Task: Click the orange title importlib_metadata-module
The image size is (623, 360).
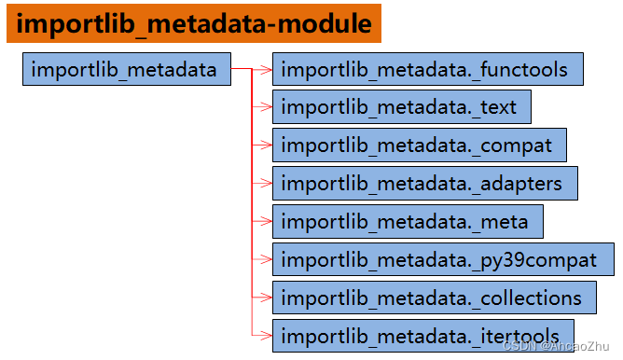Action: pyautogui.click(x=194, y=24)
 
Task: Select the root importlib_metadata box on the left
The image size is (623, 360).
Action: pyautogui.click(x=126, y=69)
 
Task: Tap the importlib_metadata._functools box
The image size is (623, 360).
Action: pyautogui.click(x=428, y=69)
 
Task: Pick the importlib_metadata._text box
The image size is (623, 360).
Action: pyautogui.click(x=402, y=107)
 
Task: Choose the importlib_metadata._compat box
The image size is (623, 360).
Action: pyautogui.click(x=420, y=145)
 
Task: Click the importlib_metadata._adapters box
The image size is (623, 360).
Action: pyautogui.click(x=424, y=183)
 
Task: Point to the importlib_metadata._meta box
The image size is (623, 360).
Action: pyautogui.click(x=408, y=221)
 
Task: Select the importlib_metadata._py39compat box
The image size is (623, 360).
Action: pyautogui.click(x=443, y=259)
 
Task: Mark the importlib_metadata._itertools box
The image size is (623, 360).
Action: pyautogui.click(x=422, y=335)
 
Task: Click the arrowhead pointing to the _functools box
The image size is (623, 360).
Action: pyautogui.click(x=267, y=69)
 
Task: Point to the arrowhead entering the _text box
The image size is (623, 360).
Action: pyautogui.click(x=267, y=107)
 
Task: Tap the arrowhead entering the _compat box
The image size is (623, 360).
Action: pyautogui.click(x=267, y=145)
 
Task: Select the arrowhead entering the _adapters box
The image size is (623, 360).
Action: pyautogui.click(x=267, y=183)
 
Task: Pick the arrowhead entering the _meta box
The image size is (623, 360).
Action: pyautogui.click(x=267, y=221)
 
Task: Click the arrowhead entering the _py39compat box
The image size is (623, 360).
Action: pyautogui.click(x=267, y=259)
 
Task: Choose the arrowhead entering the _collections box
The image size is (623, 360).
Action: pyautogui.click(x=267, y=298)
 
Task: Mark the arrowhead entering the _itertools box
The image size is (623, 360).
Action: pyautogui.click(x=267, y=335)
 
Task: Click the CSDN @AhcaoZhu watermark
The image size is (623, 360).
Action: pyautogui.click(x=566, y=347)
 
